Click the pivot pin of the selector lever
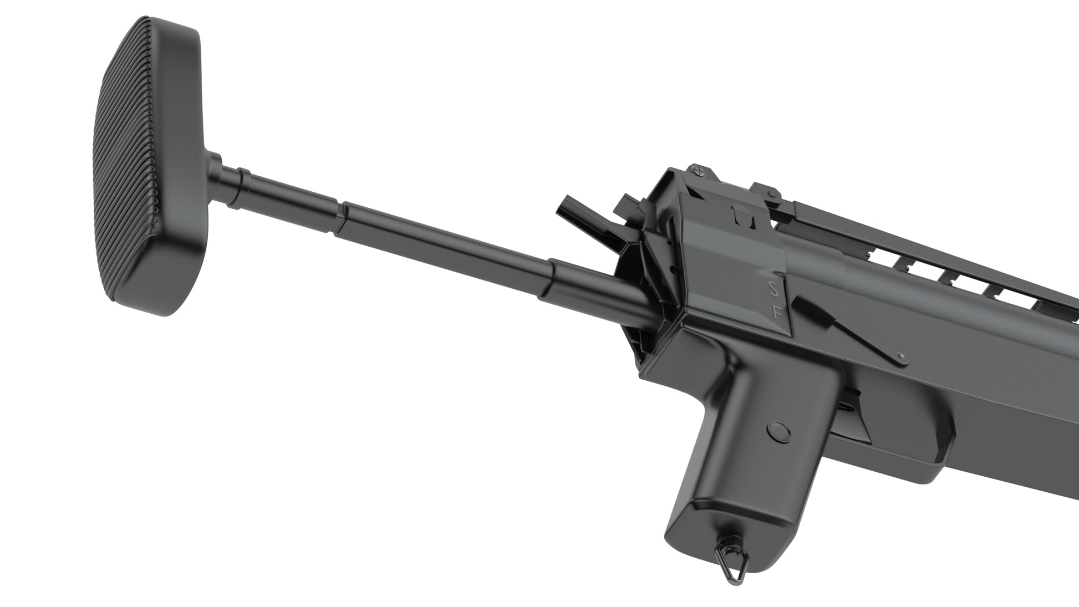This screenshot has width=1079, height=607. pyautogui.click(x=900, y=355)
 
